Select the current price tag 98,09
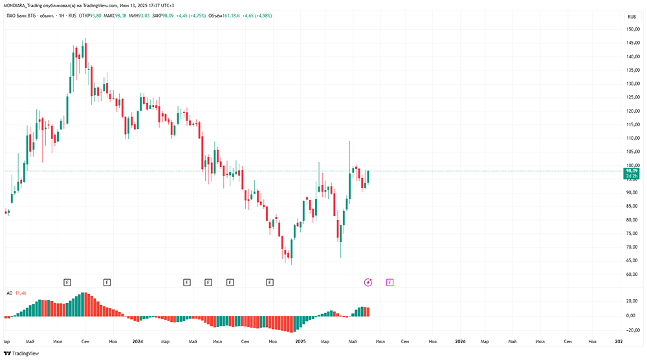[631, 171]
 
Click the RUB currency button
[631, 16]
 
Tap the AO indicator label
[8, 293]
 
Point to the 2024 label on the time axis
[137, 341]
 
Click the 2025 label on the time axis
[300, 341]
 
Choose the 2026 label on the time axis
[460, 341]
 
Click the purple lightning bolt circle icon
[368, 282]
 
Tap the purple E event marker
[389, 282]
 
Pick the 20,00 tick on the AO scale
[631, 301]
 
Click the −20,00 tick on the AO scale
[630, 330]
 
